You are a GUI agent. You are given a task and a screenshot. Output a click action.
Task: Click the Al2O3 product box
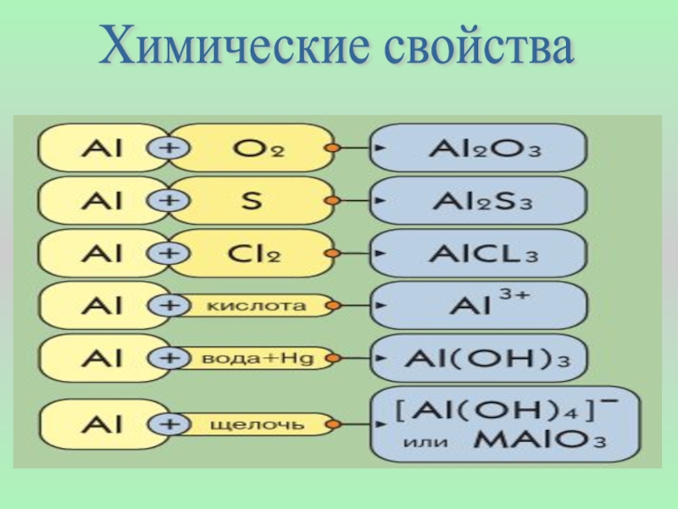click(480, 148)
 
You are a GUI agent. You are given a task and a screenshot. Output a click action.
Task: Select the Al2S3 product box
click(480, 201)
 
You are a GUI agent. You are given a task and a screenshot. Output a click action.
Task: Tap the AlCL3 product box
click(480, 253)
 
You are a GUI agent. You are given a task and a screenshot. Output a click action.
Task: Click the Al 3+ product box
click(480, 306)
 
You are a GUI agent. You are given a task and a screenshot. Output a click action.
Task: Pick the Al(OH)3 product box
click(480, 359)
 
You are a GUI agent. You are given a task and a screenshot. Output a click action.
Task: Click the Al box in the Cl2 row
click(102, 253)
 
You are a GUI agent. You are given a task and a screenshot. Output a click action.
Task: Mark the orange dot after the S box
click(333, 201)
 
